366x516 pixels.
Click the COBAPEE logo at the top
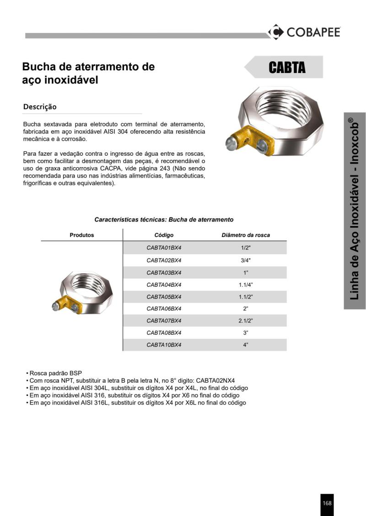click(304, 32)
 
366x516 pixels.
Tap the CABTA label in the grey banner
click(287, 68)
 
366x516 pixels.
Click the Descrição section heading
click(40, 107)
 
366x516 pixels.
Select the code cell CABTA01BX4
click(164, 247)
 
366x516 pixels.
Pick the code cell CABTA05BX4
click(164, 297)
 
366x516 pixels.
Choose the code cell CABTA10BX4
click(164, 345)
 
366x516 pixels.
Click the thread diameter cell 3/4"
click(246, 260)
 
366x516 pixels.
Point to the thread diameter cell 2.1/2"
click(246, 321)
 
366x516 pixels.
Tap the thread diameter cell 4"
click(246, 345)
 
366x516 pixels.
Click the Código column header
click(164, 235)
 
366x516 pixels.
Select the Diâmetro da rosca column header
click(246, 235)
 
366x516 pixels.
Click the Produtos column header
click(82, 235)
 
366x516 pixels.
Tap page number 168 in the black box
click(327, 503)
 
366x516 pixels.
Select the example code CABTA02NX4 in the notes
click(215, 380)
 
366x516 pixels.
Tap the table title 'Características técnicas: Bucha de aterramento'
click(164, 220)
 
